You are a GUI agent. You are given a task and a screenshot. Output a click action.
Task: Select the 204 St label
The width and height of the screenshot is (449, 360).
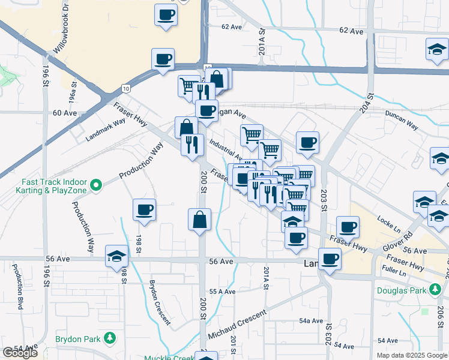[x=369, y=100]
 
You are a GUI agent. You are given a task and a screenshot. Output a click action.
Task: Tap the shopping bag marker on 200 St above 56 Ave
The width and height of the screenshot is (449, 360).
[x=199, y=220]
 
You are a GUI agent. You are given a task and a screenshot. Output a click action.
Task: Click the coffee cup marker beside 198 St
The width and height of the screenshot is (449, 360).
[x=145, y=210]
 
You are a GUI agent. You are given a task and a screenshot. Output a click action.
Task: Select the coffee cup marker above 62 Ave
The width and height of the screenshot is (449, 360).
[x=166, y=15]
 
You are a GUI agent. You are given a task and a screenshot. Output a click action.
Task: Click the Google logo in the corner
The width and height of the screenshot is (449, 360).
[x=20, y=353]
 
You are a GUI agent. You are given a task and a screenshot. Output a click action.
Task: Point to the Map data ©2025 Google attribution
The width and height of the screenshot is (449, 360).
[x=411, y=355]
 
